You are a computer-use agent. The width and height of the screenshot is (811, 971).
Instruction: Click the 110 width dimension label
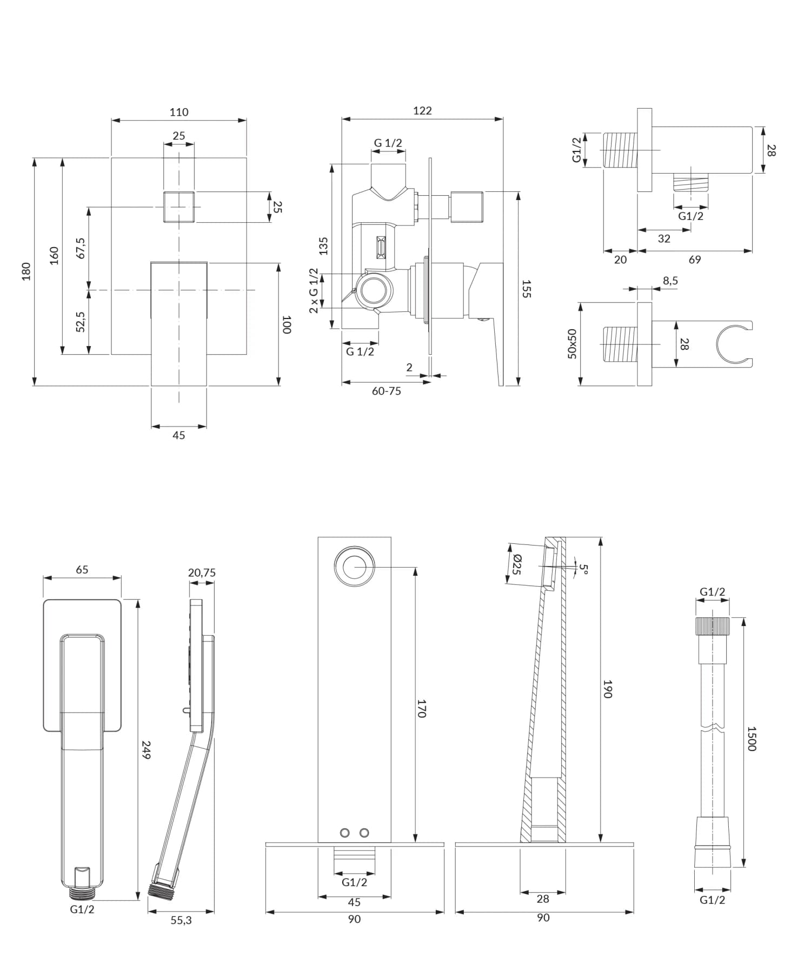coord(178,112)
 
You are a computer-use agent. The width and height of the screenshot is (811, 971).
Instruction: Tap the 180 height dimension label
coord(26,271)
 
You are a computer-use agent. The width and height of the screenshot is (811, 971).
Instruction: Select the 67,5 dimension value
coord(81,248)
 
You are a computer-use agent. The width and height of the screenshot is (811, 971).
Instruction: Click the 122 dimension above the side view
coord(422,110)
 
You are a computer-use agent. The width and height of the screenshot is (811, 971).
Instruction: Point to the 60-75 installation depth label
coord(386,391)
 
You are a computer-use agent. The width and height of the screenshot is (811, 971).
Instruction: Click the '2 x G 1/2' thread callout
coord(314,290)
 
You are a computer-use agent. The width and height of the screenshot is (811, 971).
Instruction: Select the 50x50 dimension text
coord(572,344)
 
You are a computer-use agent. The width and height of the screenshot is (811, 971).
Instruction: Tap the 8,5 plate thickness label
coord(670,281)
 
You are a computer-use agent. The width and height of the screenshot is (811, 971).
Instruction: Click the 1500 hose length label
coord(751,738)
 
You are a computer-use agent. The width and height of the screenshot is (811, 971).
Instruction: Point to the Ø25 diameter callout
coord(516,564)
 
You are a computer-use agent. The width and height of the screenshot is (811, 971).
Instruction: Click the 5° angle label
coord(583,568)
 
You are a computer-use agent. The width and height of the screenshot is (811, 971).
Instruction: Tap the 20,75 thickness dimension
coord(202,573)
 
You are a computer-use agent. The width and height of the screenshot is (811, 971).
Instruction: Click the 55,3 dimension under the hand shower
coord(181,920)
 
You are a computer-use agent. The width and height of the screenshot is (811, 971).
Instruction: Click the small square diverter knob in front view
coord(179,207)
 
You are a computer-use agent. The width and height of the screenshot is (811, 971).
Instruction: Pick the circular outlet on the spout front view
coord(354,566)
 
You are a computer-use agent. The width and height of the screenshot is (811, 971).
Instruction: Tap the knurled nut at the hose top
coord(712,626)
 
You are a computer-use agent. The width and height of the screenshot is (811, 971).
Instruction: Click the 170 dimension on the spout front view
coord(422,708)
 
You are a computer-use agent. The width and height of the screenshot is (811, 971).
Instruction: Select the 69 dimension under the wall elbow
coord(694,260)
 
